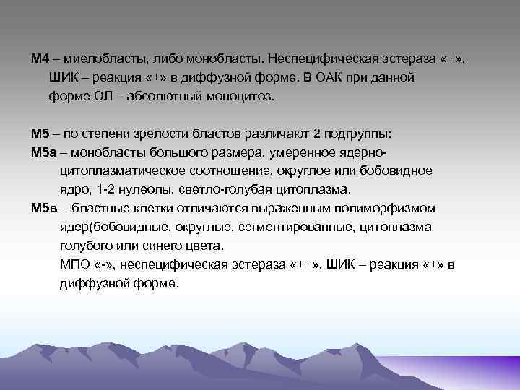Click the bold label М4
[x=40, y=57]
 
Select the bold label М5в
[x=43, y=208]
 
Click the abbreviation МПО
[x=74, y=264]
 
